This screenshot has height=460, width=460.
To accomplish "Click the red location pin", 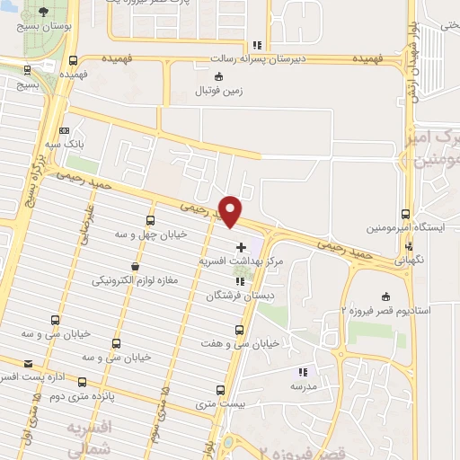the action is coord(231,210).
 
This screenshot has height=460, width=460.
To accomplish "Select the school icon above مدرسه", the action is coord(304,371).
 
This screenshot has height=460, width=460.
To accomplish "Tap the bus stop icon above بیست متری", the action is coord(222,389).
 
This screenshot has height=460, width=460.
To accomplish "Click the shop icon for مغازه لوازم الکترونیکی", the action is coord(136,266).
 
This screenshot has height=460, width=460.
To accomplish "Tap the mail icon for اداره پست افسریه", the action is coord(29,363).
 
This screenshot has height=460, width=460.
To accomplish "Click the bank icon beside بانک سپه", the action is coord(62,130).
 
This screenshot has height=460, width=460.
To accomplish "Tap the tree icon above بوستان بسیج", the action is coord(43,14).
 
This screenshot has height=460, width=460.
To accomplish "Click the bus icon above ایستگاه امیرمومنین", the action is coord(406,215).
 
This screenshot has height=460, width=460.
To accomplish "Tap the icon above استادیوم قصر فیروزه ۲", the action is coord(386,297).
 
